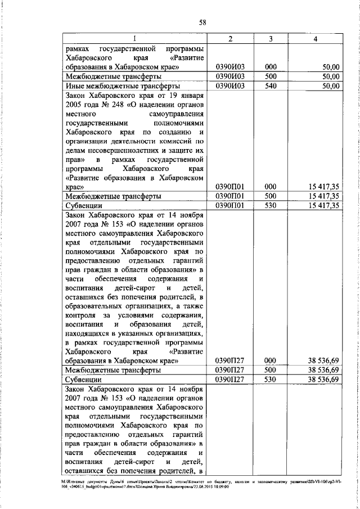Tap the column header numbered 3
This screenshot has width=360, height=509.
tap(271, 38)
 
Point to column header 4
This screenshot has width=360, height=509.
tap(317, 38)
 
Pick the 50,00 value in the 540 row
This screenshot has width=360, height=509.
tap(329, 85)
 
